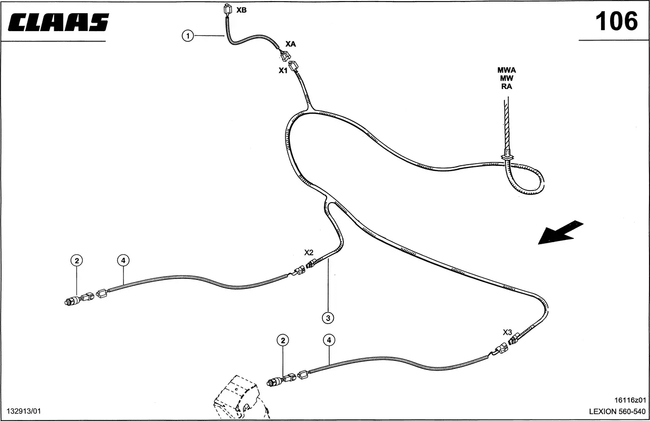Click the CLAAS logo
pos(58,22)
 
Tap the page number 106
pos(617,21)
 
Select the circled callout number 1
pos(188,36)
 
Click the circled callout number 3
pos(328,318)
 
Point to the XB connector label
pos(241,10)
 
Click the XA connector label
pos(290,44)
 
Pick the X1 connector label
pos(283,71)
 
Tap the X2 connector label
pos(309,252)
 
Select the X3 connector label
pos(507,332)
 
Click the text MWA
pos(506,70)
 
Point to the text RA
pos(506,86)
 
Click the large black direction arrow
pos(561,232)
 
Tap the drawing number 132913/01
pos(24,411)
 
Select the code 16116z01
pos(630,400)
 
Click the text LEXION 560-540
pos(617,412)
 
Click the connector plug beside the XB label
pos(228,9)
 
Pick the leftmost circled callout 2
pos(77,260)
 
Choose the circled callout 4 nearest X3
pos(329,340)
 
